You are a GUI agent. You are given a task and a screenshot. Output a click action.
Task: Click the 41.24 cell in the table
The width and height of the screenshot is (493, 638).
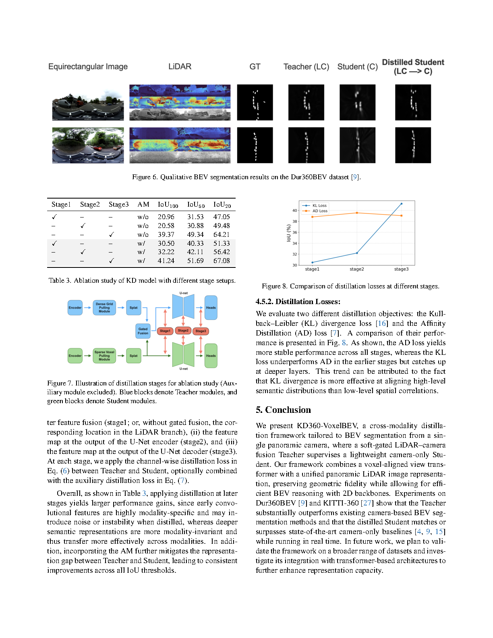point(166,261)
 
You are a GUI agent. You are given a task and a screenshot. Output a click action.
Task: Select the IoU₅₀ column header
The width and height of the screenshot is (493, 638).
point(196,205)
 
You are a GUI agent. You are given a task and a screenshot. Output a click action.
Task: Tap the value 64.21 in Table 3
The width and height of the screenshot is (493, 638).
point(222,234)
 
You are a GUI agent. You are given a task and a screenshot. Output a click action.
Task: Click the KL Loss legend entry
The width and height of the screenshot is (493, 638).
point(319,205)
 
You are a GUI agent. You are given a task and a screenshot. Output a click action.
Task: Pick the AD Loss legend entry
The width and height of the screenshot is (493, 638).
point(320,211)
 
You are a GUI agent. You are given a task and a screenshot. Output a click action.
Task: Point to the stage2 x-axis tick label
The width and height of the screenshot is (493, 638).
point(356,269)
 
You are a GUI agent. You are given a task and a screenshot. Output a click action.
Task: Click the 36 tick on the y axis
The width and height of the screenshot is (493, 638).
point(294,232)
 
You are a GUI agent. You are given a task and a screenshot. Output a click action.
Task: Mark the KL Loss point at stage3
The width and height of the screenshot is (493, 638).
point(401,204)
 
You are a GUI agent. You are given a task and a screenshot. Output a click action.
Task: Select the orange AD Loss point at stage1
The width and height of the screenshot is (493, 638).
point(312,217)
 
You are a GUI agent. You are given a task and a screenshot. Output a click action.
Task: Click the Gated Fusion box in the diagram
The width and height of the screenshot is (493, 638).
point(143,331)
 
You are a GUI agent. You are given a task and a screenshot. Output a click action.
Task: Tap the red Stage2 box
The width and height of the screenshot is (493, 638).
point(183,331)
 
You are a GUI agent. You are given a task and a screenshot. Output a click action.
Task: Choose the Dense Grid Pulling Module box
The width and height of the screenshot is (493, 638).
point(104,308)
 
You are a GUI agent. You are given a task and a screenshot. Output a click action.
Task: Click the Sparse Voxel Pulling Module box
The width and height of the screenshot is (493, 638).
point(104,356)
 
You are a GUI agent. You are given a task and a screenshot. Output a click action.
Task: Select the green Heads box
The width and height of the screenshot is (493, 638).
point(211,356)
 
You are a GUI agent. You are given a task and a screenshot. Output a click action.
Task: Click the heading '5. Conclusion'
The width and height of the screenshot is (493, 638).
point(283,410)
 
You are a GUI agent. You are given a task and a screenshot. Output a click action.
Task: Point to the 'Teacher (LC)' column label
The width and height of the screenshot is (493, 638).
point(306,67)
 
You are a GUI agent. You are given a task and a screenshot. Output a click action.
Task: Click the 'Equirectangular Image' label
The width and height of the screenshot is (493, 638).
point(88,67)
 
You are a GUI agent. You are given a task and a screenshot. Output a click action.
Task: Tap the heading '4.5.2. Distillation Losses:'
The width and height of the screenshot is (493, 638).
point(298,302)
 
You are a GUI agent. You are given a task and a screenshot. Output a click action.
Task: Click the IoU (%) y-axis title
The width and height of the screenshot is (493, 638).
point(288,233)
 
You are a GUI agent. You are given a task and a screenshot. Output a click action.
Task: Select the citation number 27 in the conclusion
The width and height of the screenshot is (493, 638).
point(367,503)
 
